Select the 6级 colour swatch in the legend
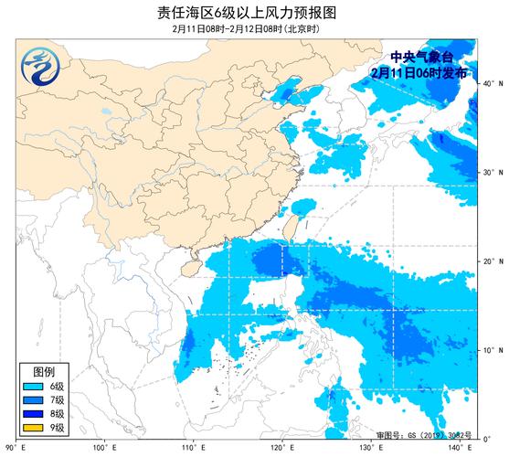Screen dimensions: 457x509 [x=34, y=387]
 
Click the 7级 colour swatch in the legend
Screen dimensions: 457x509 [x=34, y=400]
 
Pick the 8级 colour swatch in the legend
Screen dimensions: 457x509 [x=34, y=414]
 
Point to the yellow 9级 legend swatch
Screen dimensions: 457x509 [x=34, y=428]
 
